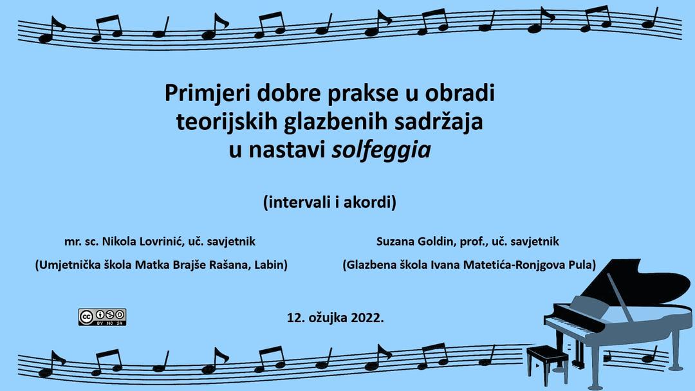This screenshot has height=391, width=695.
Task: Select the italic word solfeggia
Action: pos(381,150)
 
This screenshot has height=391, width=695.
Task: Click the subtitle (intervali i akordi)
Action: pos(329,203)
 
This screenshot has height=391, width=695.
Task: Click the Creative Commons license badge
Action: pos(102,317)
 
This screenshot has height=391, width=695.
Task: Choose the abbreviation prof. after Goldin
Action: pos(475,242)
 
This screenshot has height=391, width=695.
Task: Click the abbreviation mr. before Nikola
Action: pos(71,242)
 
